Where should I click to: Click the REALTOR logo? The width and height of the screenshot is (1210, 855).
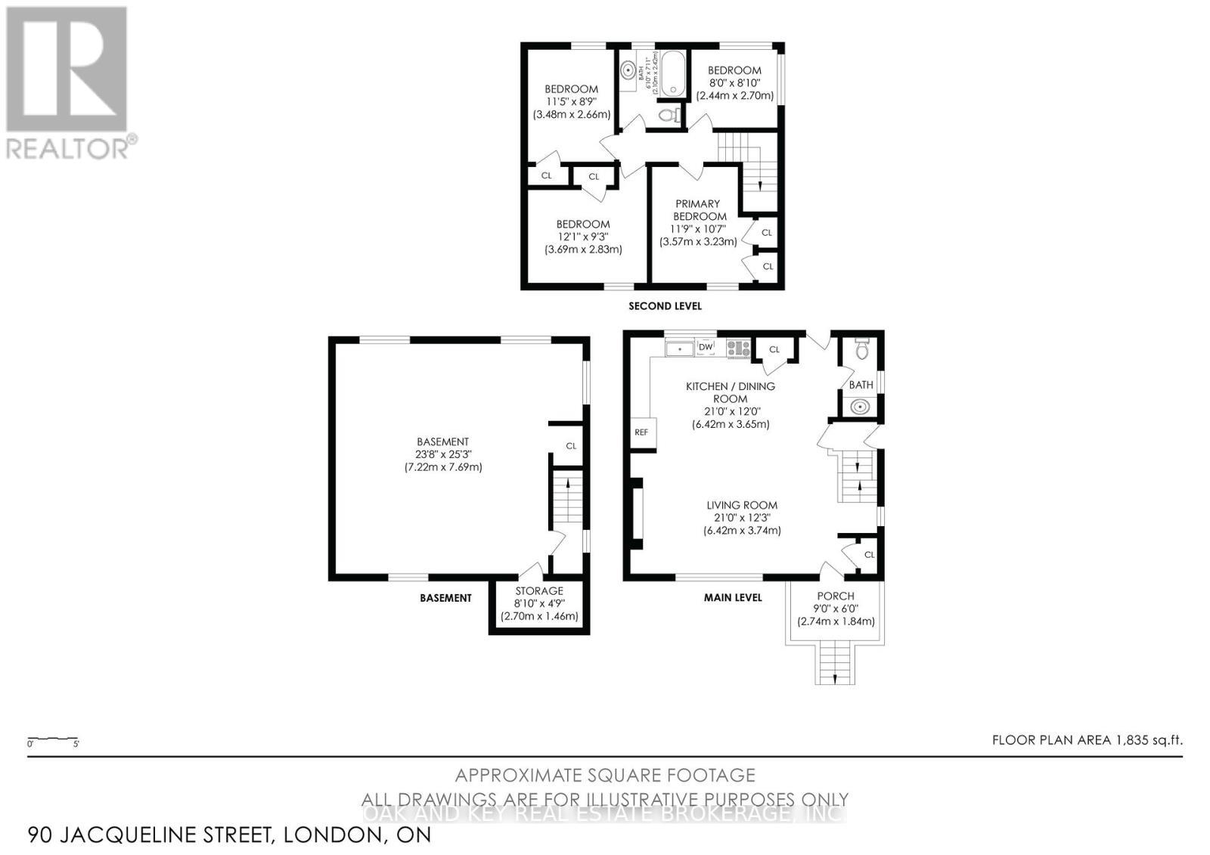pyautogui.click(x=70, y=82)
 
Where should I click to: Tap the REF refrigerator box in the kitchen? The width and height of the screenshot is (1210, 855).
pyautogui.click(x=641, y=433)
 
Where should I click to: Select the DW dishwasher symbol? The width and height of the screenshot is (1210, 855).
pyautogui.click(x=706, y=347)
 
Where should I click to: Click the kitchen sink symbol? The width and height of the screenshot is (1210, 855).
pyautogui.click(x=680, y=349)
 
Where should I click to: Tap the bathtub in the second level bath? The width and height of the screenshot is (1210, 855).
pyautogui.click(x=672, y=73)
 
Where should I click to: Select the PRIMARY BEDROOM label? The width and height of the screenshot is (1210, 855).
pyautogui.click(x=697, y=209)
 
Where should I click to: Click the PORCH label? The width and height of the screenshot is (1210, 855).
pyautogui.click(x=836, y=596)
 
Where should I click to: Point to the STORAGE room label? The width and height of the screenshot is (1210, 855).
pyautogui.click(x=539, y=590)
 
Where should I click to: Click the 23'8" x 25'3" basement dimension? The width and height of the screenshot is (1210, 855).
pyautogui.click(x=442, y=454)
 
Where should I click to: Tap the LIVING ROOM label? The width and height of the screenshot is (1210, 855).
pyautogui.click(x=742, y=505)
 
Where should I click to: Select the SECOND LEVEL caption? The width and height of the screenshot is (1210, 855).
pyautogui.click(x=665, y=306)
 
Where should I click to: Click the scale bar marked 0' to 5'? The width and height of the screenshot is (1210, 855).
pyautogui.click(x=53, y=739)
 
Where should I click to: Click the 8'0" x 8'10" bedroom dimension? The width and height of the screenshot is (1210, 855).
pyautogui.click(x=734, y=83)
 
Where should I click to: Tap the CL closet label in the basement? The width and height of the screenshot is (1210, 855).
pyautogui.click(x=571, y=446)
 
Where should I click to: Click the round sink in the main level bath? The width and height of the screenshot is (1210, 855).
pyautogui.click(x=861, y=407)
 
